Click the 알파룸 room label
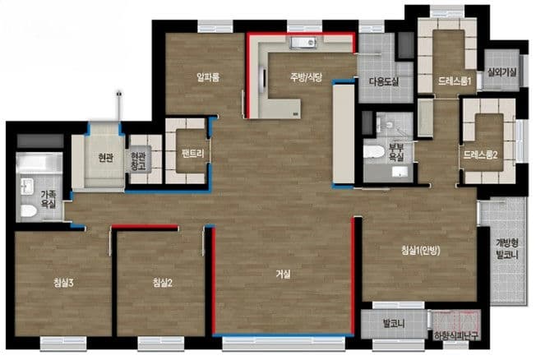[x=208, y=77]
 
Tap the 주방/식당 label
[x=306, y=76]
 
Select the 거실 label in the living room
[x=283, y=275]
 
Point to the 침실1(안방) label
[x=420, y=251]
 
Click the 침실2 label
[x=163, y=283]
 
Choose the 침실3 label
[x=63, y=283]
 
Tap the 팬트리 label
[x=193, y=154]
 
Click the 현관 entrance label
[x=105, y=158]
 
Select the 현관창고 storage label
[x=138, y=161]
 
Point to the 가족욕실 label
[x=49, y=200]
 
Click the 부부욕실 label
[x=396, y=153]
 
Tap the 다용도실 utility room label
[x=384, y=81]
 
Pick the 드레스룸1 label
[x=455, y=81]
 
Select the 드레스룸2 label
[x=480, y=155]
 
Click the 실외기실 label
[x=502, y=72]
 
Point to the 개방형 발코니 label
[x=507, y=248]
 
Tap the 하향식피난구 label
[x=456, y=335]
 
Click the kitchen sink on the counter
[x=303, y=43]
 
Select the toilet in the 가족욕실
[x=29, y=210]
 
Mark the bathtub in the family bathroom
[x=39, y=163]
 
